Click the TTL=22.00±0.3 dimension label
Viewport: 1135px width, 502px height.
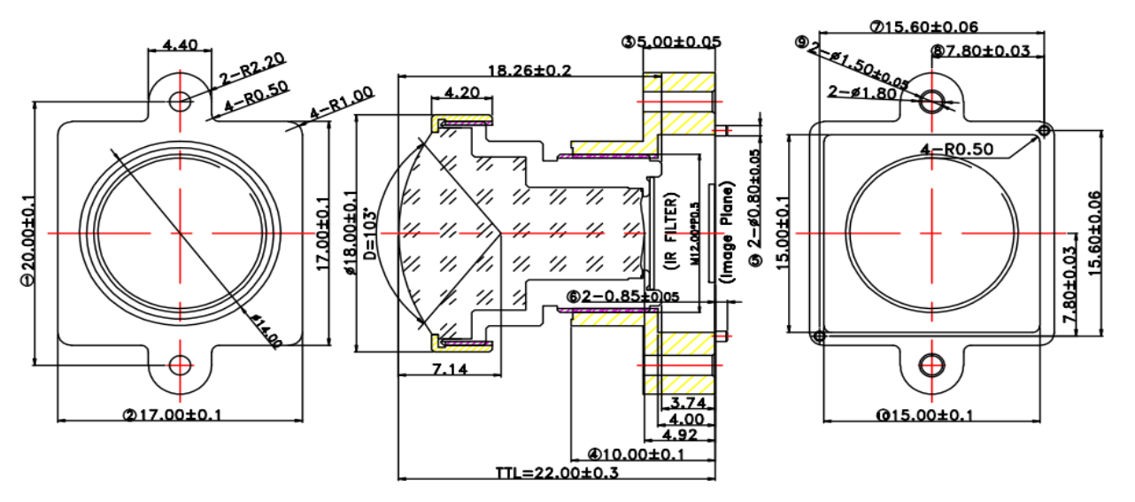tap(557, 473)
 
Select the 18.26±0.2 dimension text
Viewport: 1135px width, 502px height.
tap(529, 70)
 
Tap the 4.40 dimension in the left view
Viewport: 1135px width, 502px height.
tap(180, 43)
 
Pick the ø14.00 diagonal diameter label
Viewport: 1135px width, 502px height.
tap(264, 330)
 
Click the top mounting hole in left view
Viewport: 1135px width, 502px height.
tap(181, 100)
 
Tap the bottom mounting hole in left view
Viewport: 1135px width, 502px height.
tap(181, 364)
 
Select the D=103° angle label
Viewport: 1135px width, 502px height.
tap(371, 236)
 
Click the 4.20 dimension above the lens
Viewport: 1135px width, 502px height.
tap(461, 92)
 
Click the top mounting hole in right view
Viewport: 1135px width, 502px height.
tap(931, 101)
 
